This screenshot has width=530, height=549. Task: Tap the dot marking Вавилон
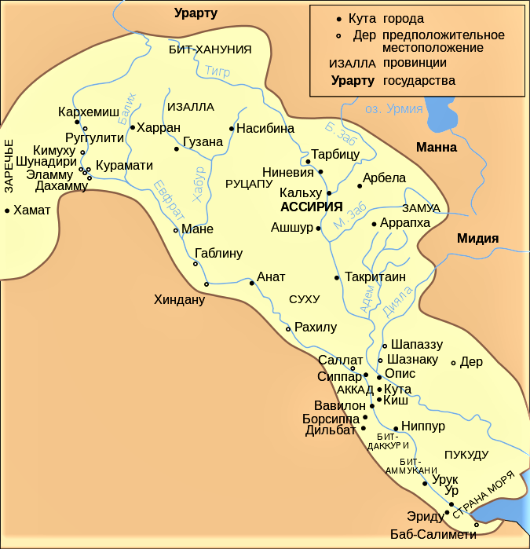click(371, 406)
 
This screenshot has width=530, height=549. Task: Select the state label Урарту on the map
click(196, 13)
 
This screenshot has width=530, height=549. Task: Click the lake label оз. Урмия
click(393, 109)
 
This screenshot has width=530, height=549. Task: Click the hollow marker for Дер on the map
click(453, 363)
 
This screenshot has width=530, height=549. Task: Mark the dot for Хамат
click(7, 210)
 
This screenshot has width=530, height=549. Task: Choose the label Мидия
click(478, 240)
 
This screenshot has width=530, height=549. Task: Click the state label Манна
click(436, 147)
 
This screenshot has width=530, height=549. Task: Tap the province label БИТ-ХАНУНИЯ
click(210, 49)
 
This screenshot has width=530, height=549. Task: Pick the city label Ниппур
click(423, 426)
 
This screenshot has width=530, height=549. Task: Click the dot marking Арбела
click(359, 186)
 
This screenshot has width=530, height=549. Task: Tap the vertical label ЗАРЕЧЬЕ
click(9, 166)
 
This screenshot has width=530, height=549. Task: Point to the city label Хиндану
click(179, 299)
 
